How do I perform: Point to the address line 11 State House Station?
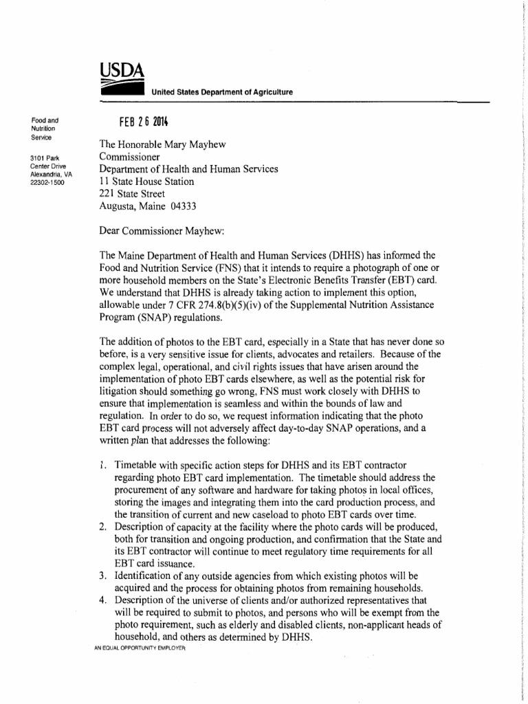pos(146,182)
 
